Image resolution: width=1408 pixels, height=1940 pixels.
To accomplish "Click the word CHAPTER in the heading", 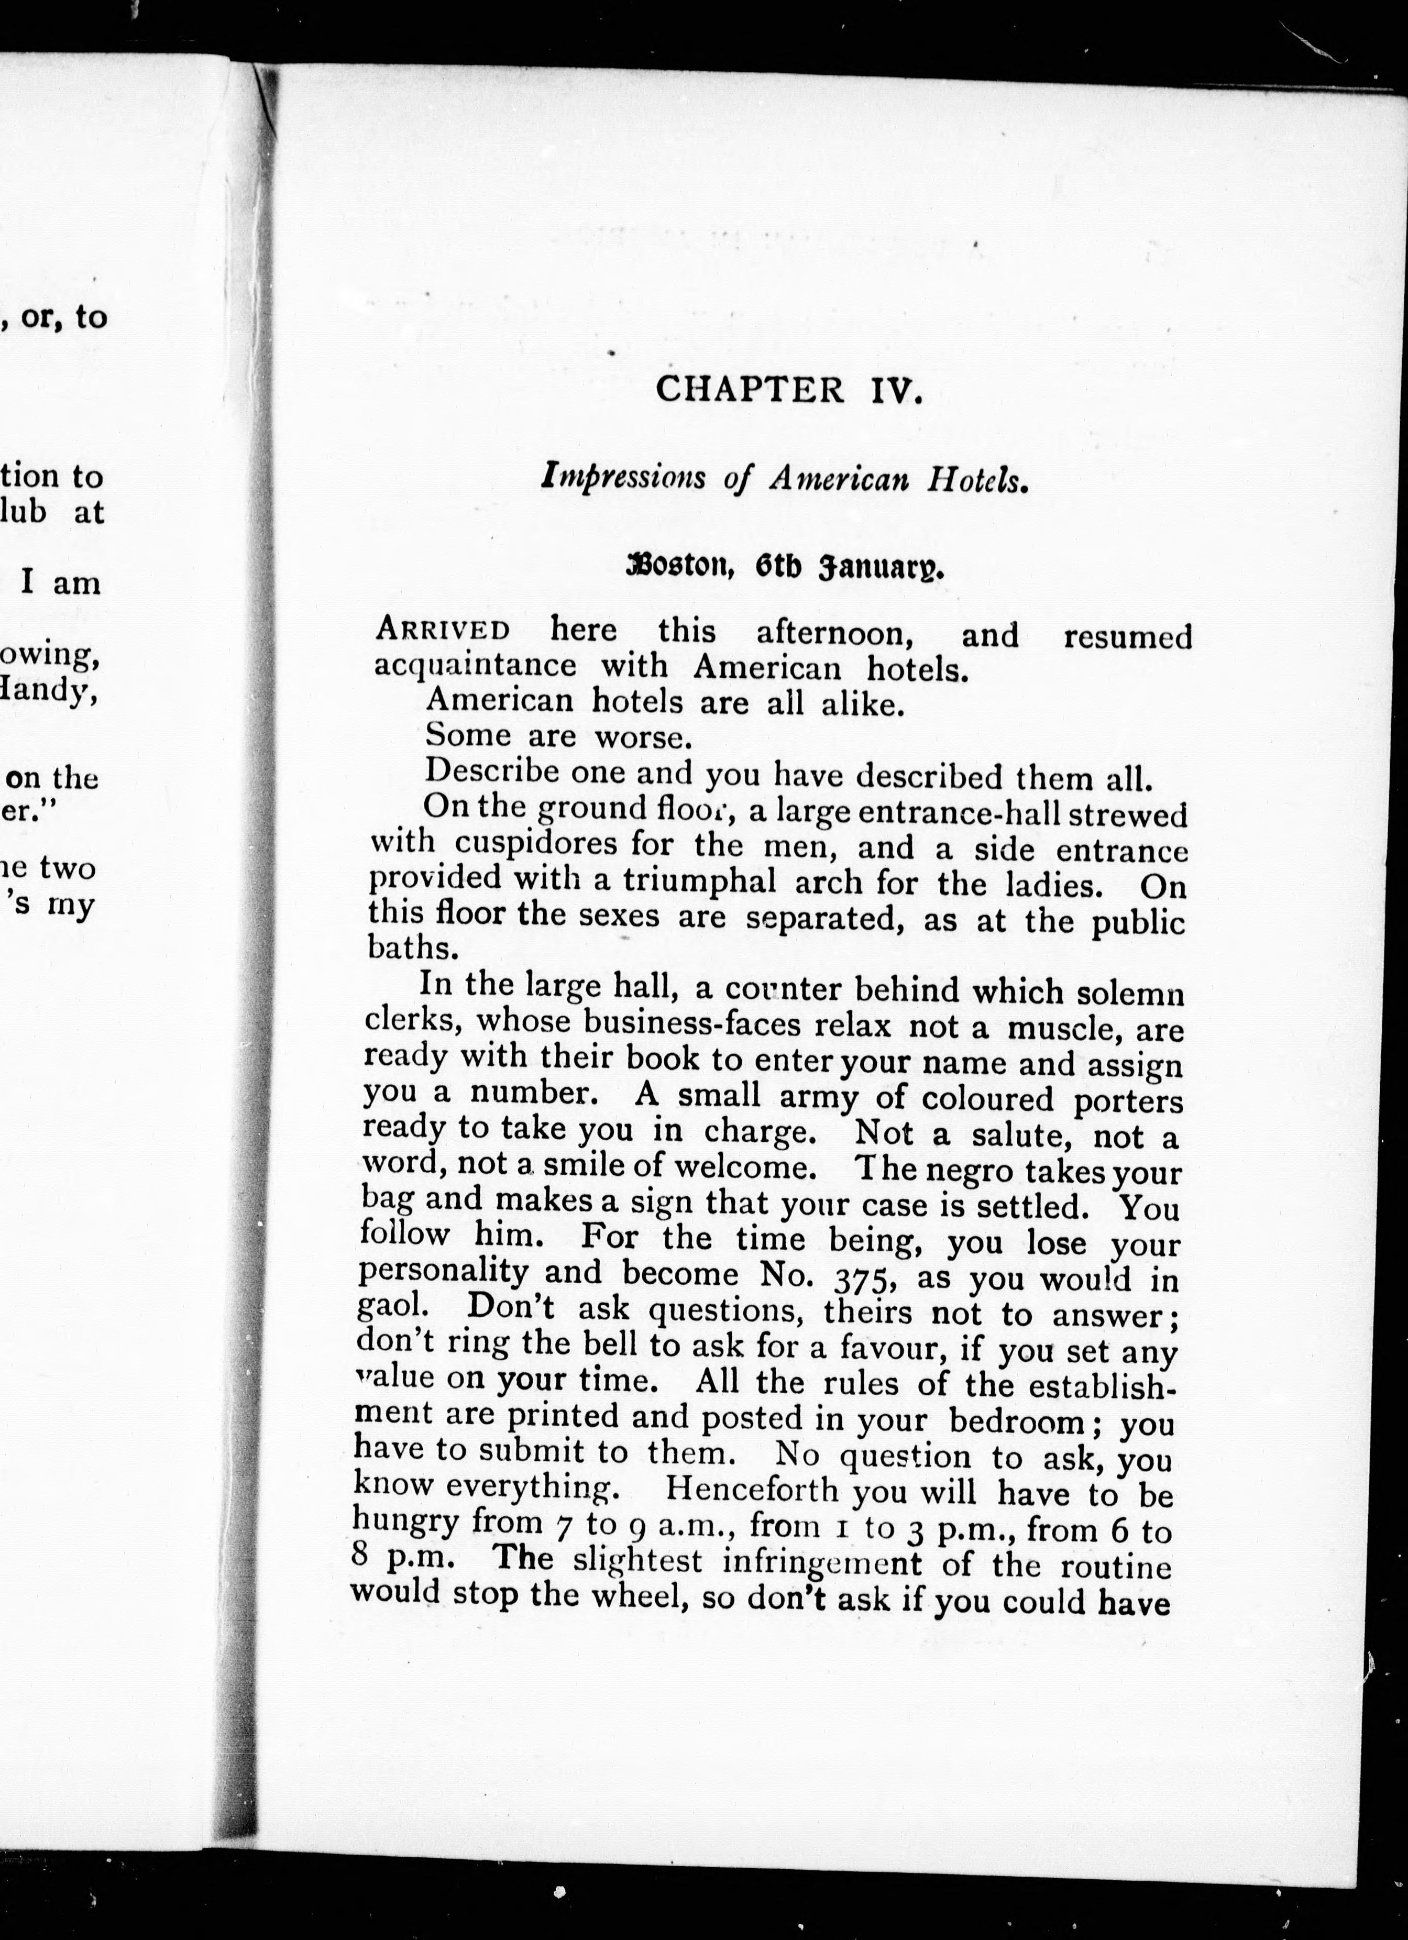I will [x=750, y=390].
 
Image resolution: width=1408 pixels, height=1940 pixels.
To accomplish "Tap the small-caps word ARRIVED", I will [x=443, y=631].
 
